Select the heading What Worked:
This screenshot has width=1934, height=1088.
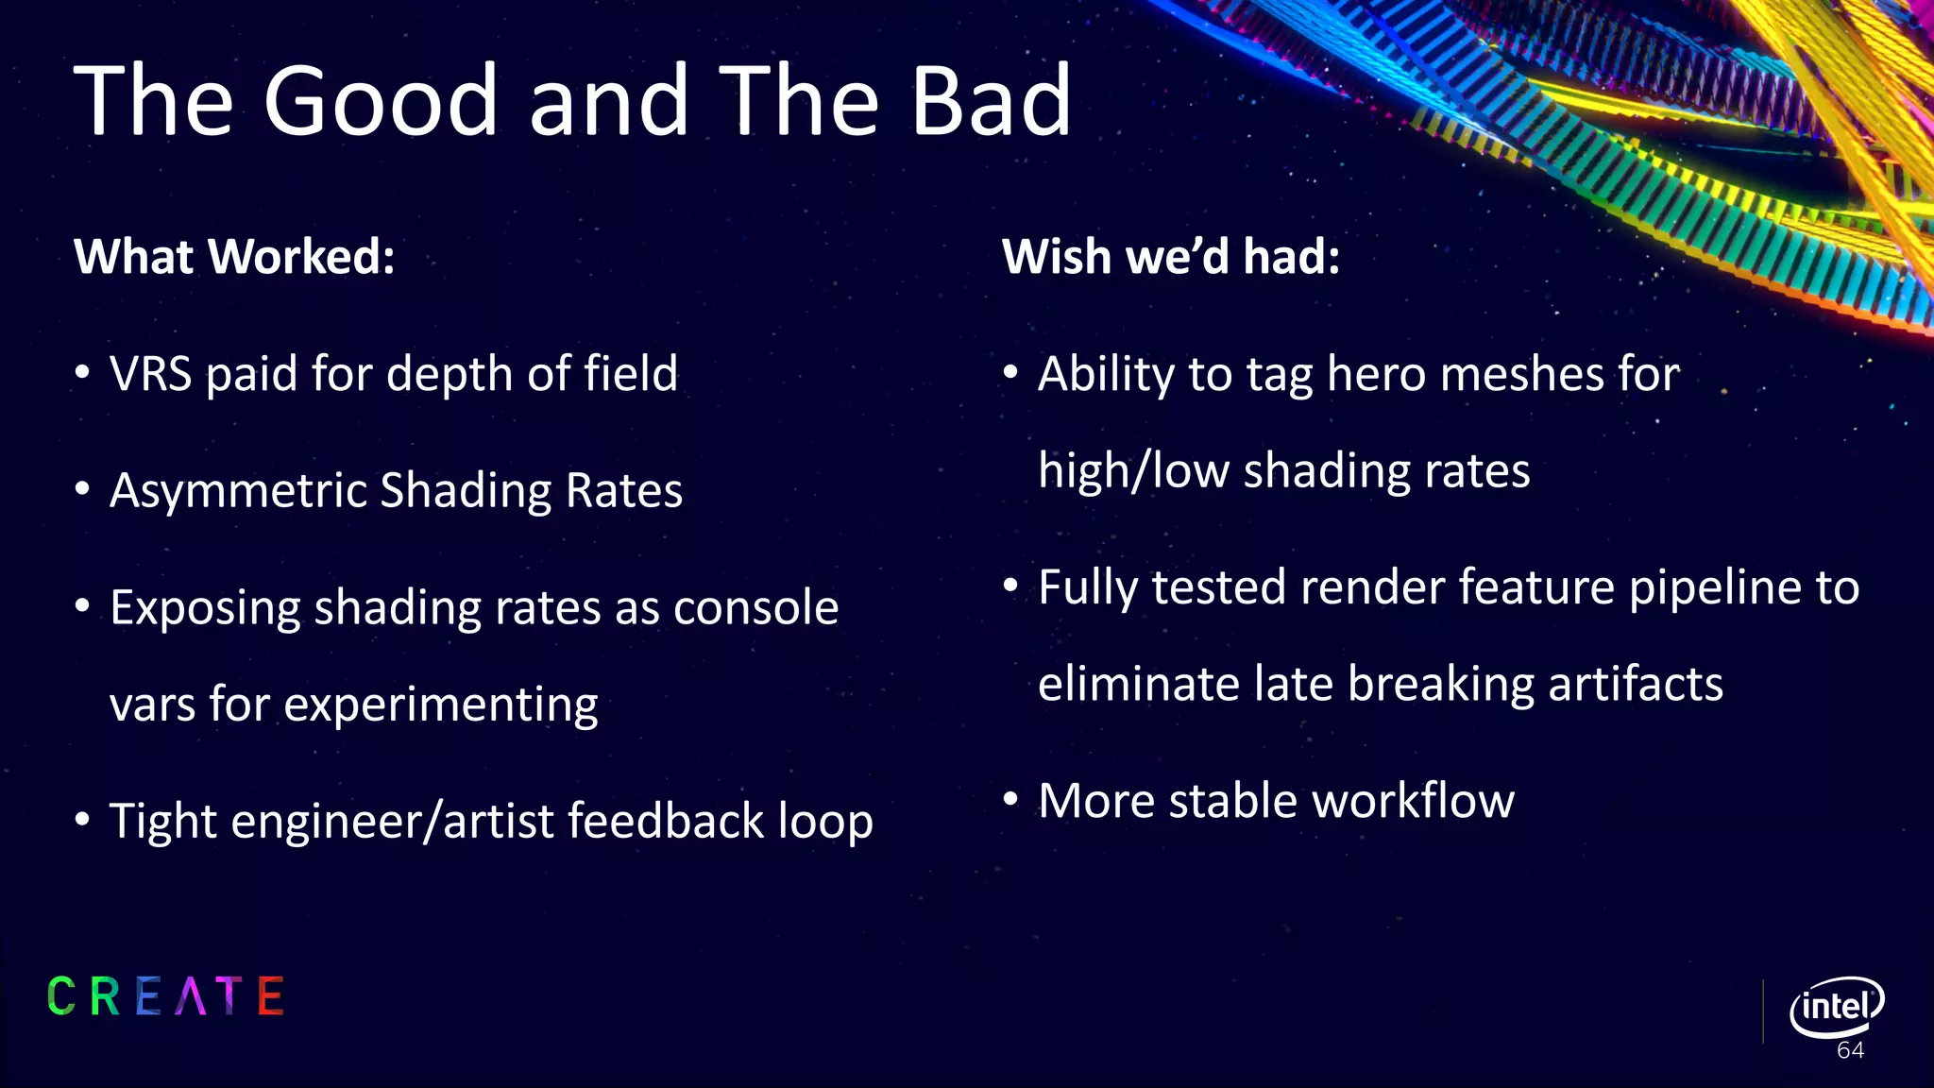pyautogui.click(x=234, y=257)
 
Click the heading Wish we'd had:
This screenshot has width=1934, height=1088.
pyautogui.click(x=1171, y=257)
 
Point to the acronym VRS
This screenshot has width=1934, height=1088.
pyautogui.click(x=151, y=374)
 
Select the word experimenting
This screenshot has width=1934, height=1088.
pyautogui.click(x=440, y=705)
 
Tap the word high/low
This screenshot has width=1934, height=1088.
pyautogui.click(x=1132, y=471)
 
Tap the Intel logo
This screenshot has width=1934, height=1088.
pyautogui.click(x=1836, y=1007)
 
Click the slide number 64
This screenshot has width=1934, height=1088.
pyautogui.click(x=1850, y=1051)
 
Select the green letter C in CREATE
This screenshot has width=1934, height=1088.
pyautogui.click(x=61, y=996)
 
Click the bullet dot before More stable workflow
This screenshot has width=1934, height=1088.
pyautogui.click(x=1010, y=800)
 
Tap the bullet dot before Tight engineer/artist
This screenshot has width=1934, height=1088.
pyautogui.click(x=83, y=819)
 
